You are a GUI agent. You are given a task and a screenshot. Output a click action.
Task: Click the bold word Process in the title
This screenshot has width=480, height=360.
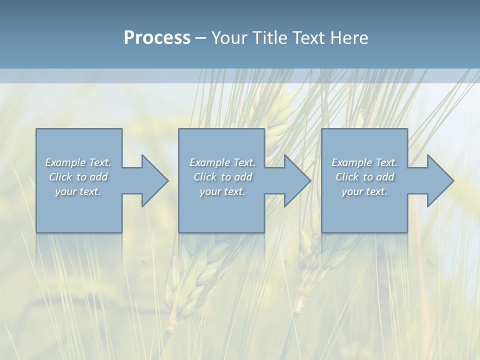click(x=157, y=38)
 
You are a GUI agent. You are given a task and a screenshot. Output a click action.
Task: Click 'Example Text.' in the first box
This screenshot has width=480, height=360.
click(x=78, y=162)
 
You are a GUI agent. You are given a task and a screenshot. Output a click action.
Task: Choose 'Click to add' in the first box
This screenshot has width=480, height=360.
click(x=78, y=177)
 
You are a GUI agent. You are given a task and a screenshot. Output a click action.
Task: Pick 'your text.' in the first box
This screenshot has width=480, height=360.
click(x=78, y=191)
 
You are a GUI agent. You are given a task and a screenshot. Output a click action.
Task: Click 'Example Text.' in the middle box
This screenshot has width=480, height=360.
click(x=222, y=162)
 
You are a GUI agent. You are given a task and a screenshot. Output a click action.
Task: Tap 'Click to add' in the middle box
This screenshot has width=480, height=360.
click(x=222, y=177)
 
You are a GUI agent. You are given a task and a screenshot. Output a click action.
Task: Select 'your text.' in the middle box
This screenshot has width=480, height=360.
click(x=222, y=191)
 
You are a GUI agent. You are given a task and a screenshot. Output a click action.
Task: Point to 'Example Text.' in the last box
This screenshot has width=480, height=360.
click(x=364, y=162)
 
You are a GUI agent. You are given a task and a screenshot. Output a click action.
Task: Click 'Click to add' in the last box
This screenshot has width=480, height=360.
click(x=364, y=177)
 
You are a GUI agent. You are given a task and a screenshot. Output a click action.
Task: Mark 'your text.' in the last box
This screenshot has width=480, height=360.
click(x=364, y=191)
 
